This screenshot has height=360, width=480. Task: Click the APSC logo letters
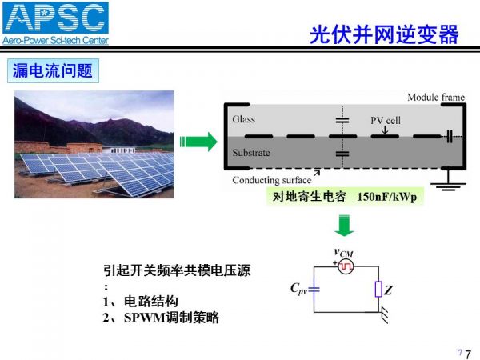pyautogui.click(x=55, y=18)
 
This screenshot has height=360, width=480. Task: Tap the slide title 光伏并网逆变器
pyautogui.click(x=384, y=34)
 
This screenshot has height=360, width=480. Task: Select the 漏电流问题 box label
pyautogui.click(x=53, y=70)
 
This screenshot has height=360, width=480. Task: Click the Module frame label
pyautogui.click(x=436, y=98)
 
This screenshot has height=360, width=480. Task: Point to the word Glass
pyautogui.click(x=243, y=118)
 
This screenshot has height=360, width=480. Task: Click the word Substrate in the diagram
pyautogui.click(x=251, y=153)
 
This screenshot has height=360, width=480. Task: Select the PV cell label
pyautogui.click(x=386, y=120)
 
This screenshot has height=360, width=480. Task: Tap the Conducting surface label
pyautogui.click(x=271, y=180)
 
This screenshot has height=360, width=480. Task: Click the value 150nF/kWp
pyautogui.click(x=386, y=197)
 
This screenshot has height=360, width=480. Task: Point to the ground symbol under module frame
pyautogui.click(x=448, y=183)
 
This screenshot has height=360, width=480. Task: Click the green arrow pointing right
pyautogui.click(x=198, y=142)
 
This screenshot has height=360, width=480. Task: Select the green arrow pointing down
pyautogui.click(x=344, y=226)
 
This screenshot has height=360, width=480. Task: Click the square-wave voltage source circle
pyautogui.click(x=346, y=266)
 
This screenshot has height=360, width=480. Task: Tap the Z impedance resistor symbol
pyautogui.click(x=378, y=289)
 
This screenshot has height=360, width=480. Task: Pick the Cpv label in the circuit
pyautogui.click(x=298, y=289)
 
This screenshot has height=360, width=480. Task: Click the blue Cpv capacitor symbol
pyautogui.click(x=314, y=289)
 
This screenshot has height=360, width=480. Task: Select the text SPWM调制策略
pyautogui.click(x=171, y=318)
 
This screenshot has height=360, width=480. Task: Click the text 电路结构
pyautogui.click(x=151, y=302)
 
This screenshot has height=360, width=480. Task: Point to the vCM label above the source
pyautogui.click(x=343, y=253)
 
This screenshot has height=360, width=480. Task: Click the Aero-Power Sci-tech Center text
pyautogui.click(x=55, y=40)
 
